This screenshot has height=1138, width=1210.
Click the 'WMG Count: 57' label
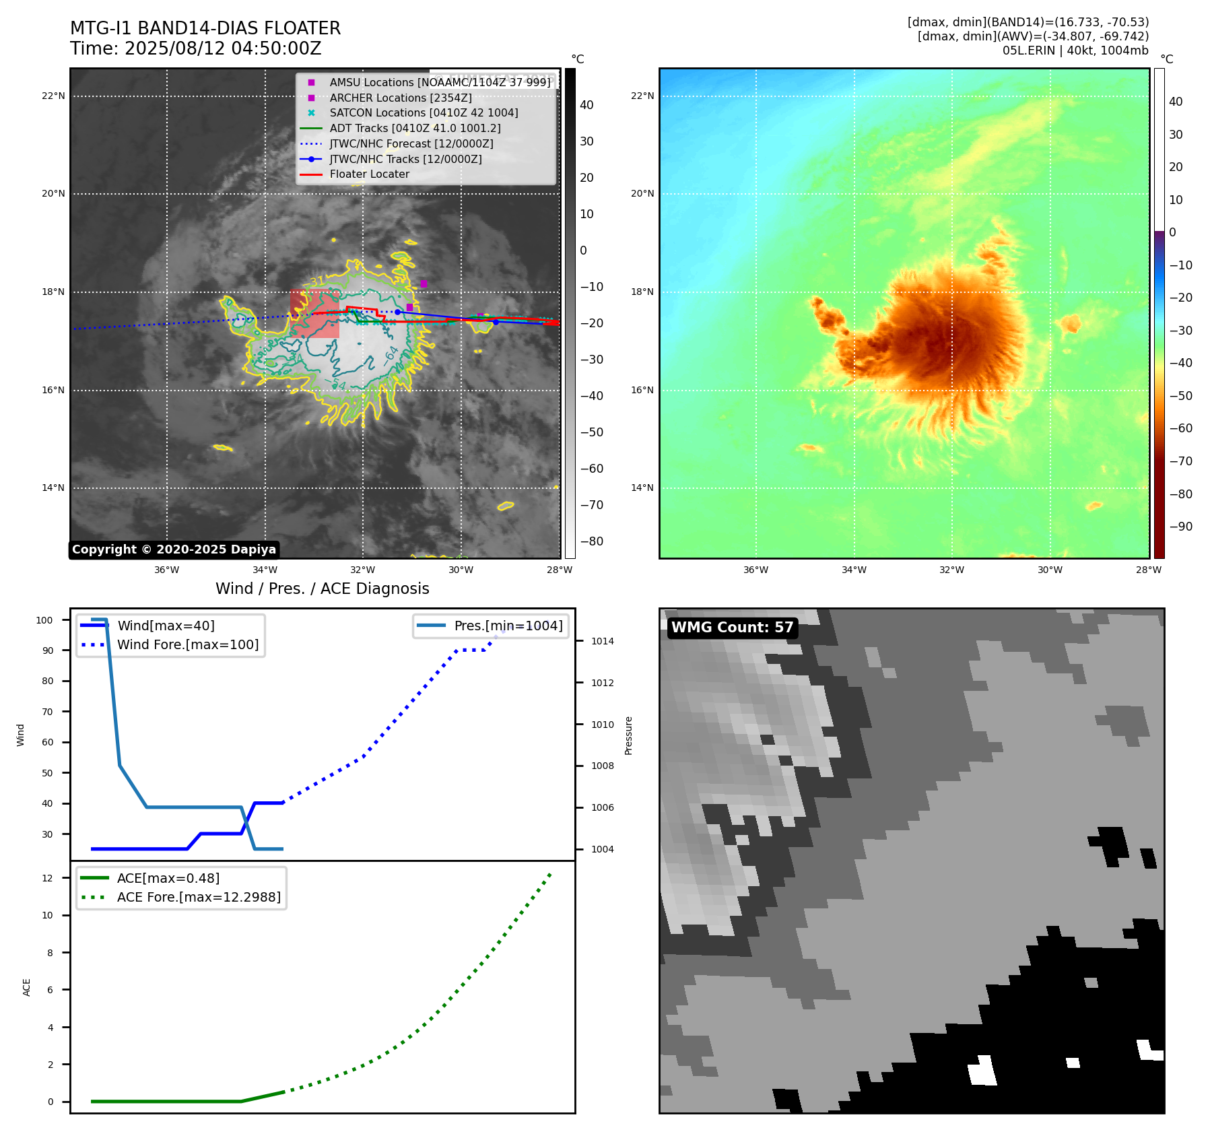(x=732, y=628)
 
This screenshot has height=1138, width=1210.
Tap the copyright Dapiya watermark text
(x=174, y=549)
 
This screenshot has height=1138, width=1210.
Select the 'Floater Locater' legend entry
(x=369, y=174)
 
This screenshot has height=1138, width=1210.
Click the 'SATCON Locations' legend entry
(x=424, y=113)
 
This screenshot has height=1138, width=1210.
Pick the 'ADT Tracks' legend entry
(x=415, y=129)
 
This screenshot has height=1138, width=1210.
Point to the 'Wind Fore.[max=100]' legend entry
(x=188, y=644)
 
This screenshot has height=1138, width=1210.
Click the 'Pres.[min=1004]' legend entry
(x=508, y=626)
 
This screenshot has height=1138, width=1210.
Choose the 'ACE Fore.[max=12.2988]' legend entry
(x=199, y=897)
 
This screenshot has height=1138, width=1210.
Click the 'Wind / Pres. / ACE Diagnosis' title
(x=322, y=589)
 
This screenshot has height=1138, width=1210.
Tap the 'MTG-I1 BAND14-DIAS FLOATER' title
(x=205, y=28)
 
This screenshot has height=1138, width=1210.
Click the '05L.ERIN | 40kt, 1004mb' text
(x=1075, y=51)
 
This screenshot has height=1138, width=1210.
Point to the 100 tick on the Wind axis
(x=44, y=620)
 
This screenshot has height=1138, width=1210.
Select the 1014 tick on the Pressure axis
(x=602, y=641)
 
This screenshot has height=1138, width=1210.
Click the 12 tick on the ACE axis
(x=47, y=878)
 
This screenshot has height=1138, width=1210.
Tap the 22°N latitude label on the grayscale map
(x=53, y=96)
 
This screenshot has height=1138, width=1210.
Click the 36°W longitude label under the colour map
(x=755, y=570)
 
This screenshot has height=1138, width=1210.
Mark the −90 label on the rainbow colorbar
(x=1180, y=527)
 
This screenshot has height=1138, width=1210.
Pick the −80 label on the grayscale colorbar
(x=591, y=541)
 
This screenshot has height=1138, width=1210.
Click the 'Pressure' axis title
(x=628, y=735)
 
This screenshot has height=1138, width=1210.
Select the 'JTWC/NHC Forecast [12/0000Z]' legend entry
(x=411, y=144)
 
